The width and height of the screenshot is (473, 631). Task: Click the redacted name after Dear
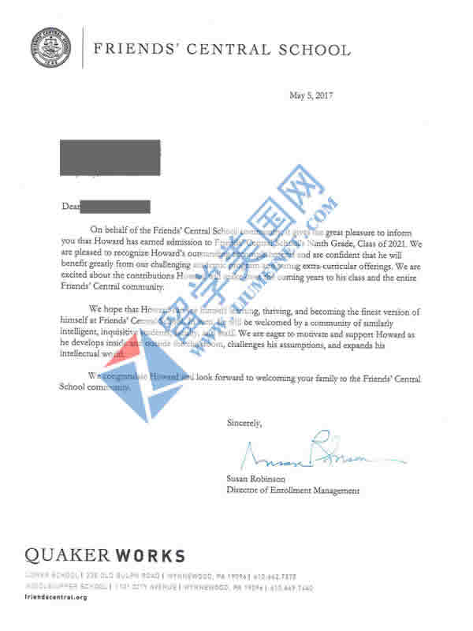click(117, 206)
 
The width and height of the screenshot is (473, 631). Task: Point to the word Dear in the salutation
click(71, 207)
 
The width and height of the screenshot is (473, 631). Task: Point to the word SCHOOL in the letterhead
click(311, 50)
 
